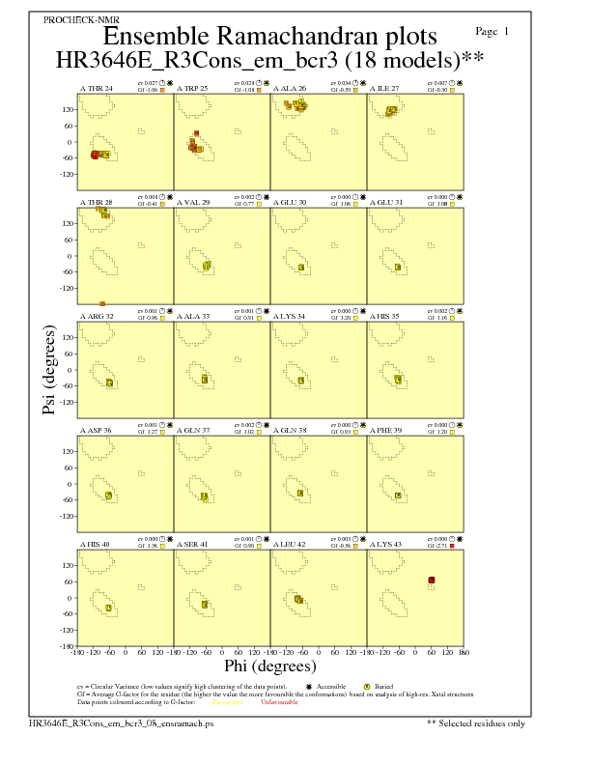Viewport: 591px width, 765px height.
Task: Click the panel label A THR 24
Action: click(x=96, y=88)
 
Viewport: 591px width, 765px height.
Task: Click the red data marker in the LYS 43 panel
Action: click(x=432, y=580)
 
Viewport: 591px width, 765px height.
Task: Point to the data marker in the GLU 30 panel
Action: click(x=301, y=268)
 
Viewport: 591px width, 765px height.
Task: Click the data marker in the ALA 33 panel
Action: click(x=205, y=380)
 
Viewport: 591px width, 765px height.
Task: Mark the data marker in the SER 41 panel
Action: click(x=204, y=605)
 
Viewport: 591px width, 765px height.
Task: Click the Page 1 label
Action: click(x=493, y=32)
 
